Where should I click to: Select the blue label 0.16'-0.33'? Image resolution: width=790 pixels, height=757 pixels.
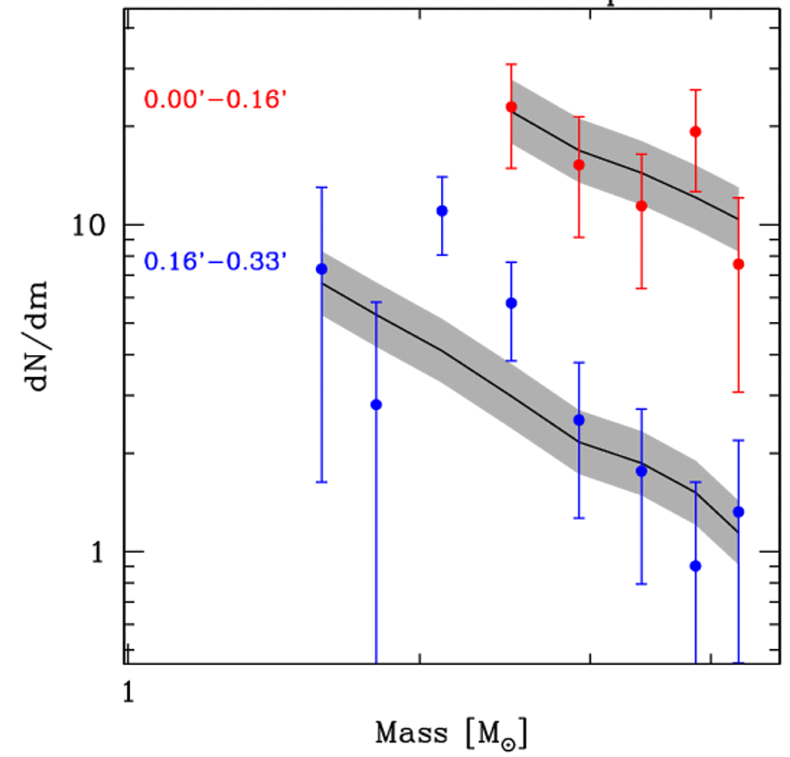pyautogui.click(x=215, y=261)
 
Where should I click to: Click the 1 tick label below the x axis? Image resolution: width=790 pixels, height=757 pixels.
pyautogui.click(x=127, y=690)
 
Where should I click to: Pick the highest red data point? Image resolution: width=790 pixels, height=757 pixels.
pyautogui.click(x=511, y=107)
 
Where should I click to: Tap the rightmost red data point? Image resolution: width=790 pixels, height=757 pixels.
pyautogui.click(x=738, y=264)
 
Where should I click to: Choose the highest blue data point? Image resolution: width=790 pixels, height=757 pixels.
pyautogui.click(x=442, y=211)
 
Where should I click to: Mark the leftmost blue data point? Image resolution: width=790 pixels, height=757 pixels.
pyautogui.click(x=321, y=269)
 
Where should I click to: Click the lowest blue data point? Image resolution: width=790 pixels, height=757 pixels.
pyautogui.click(x=695, y=566)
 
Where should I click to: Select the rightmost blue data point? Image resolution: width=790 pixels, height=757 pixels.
pyautogui.click(x=738, y=512)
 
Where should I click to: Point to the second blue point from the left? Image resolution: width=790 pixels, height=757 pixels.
pyautogui.click(x=376, y=404)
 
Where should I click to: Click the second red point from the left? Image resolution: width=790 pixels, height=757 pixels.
pyautogui.click(x=579, y=165)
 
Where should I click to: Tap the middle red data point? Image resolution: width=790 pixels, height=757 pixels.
pyautogui.click(x=641, y=206)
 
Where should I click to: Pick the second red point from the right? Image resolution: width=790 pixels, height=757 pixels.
pyautogui.click(x=695, y=132)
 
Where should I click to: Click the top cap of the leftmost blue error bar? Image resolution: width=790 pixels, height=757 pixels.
pyautogui.click(x=321, y=187)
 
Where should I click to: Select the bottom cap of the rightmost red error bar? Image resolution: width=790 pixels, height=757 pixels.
pyautogui.click(x=738, y=392)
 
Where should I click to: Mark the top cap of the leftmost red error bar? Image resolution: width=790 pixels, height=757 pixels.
pyautogui.click(x=511, y=64)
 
